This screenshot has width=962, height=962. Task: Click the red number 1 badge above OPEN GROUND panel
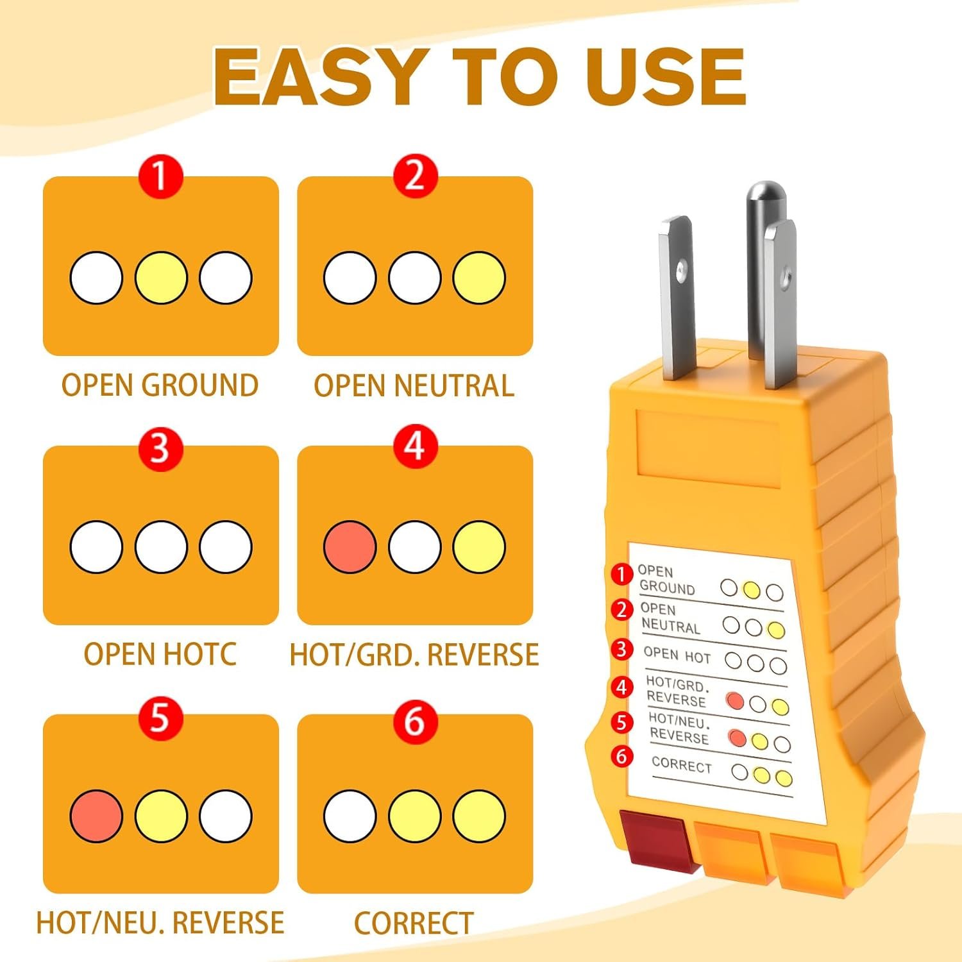pyautogui.click(x=160, y=176)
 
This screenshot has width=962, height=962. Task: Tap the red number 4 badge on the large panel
pyautogui.click(x=415, y=445)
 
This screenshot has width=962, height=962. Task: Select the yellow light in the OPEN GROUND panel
pyautogui.click(x=161, y=278)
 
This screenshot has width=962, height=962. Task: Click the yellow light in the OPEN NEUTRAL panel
pyautogui.click(x=479, y=278)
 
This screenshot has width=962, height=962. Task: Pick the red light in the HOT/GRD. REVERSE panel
pyautogui.click(x=350, y=547)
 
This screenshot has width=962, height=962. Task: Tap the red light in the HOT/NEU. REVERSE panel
pyautogui.click(x=96, y=816)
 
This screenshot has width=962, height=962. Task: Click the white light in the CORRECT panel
pyautogui.click(x=350, y=816)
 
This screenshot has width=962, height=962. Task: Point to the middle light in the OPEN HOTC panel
pyautogui.click(x=161, y=547)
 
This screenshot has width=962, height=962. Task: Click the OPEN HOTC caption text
pyautogui.click(x=160, y=654)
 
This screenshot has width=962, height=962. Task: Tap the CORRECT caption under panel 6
pyautogui.click(x=414, y=924)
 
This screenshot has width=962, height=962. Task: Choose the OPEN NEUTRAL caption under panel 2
pyautogui.click(x=414, y=385)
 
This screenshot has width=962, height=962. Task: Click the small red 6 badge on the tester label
pyautogui.click(x=621, y=756)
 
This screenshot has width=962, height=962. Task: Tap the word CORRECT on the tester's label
pyautogui.click(x=682, y=765)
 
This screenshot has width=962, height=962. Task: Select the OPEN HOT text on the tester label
pyautogui.click(x=677, y=655)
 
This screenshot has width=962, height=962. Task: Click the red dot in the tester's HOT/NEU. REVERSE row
pyautogui.click(x=738, y=738)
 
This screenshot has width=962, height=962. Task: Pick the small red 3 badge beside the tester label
pyautogui.click(x=621, y=649)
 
